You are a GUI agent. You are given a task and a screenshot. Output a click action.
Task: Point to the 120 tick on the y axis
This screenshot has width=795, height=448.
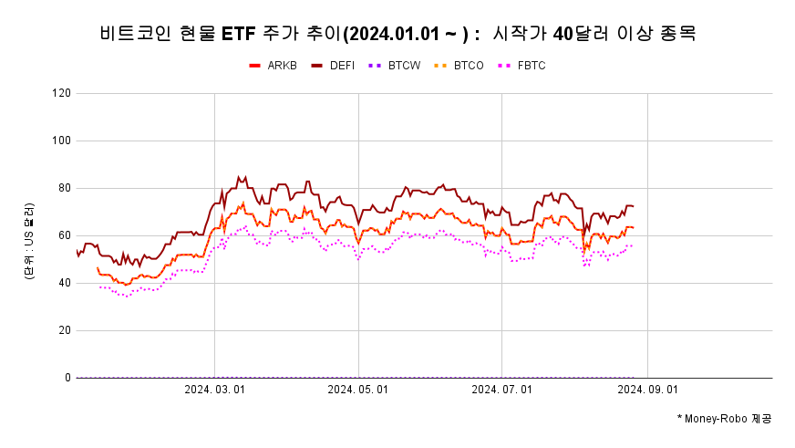[62, 93]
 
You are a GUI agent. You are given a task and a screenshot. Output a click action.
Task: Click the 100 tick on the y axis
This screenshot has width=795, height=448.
[62, 141]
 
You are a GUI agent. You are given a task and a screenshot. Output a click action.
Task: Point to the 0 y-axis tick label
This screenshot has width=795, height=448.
[67, 378]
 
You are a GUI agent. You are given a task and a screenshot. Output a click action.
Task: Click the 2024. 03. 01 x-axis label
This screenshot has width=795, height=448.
[214, 389]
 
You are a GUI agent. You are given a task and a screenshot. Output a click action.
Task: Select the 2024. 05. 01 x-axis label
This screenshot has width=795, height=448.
[358, 389]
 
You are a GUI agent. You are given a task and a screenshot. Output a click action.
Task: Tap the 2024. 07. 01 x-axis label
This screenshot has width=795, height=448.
[502, 389]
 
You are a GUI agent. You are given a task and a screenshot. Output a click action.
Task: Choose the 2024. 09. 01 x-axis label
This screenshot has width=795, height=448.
[647, 389]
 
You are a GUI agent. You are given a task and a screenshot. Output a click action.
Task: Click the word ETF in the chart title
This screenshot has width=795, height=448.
[240, 35]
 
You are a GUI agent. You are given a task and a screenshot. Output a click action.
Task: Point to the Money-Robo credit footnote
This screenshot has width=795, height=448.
[724, 418]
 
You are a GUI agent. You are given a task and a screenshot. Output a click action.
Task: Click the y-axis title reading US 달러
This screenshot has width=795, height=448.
[29, 242]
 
